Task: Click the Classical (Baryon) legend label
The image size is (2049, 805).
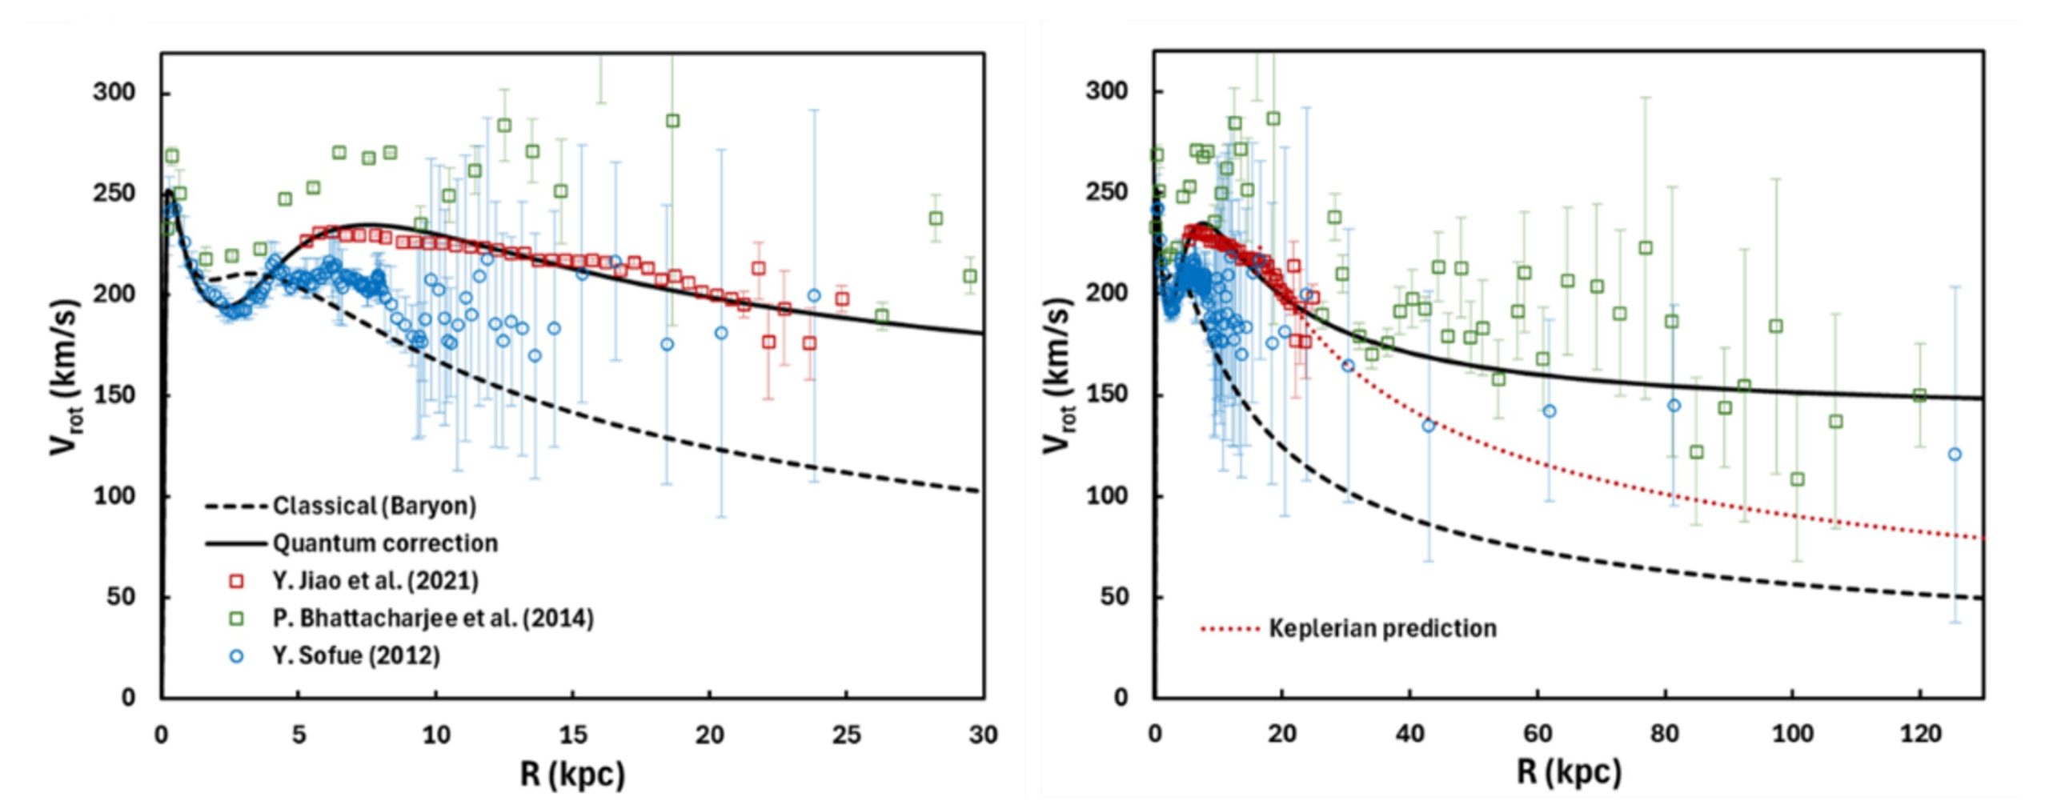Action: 375,507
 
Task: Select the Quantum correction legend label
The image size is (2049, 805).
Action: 385,544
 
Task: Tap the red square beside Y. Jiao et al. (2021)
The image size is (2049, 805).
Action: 236,581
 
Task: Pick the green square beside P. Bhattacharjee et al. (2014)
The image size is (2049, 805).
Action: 236,619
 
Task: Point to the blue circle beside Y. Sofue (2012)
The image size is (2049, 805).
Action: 236,656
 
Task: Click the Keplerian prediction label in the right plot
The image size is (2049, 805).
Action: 1382,629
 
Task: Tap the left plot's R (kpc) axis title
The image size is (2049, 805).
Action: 572,774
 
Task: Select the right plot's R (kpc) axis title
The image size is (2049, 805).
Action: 1569,772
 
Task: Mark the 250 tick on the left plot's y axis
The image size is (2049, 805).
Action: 114,194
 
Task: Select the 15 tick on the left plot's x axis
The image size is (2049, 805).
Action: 573,735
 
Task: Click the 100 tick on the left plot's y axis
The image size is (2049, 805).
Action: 114,497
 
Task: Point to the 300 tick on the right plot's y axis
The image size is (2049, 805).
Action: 1107,92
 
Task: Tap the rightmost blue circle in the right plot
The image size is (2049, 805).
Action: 1955,455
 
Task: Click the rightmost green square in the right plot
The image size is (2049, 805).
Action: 1919,395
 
